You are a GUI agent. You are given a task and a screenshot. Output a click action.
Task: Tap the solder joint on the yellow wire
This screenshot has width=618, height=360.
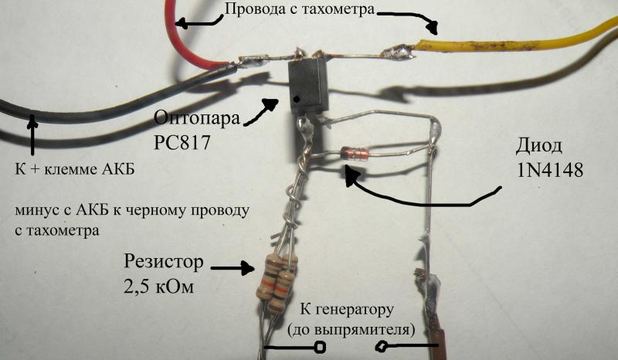point(398,52)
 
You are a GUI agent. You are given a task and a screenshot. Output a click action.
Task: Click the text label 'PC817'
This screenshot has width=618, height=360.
point(182,142)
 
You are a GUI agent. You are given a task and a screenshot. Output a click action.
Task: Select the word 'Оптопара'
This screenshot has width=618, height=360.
point(197,117)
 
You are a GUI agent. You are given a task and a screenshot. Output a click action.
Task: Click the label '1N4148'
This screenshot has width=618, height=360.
point(550,170)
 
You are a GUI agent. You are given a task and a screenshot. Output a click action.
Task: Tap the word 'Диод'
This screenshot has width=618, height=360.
point(538,146)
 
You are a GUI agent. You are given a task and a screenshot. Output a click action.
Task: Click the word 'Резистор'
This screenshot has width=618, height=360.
point(164,261)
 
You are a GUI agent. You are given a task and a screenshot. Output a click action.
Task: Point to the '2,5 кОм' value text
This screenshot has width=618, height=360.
point(159,287)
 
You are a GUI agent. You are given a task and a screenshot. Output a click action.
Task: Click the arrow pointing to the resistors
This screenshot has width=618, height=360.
point(233,269)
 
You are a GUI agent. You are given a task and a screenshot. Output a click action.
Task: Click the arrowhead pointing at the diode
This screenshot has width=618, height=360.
point(351,175)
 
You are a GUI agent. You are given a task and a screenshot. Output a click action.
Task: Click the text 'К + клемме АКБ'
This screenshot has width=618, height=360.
point(75,169)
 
